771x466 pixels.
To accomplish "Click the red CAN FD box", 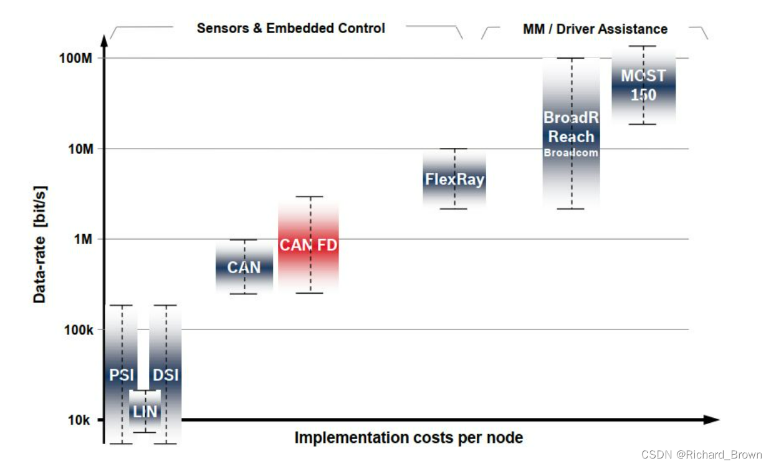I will click(308, 245).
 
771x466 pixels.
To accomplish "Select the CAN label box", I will click(244, 268).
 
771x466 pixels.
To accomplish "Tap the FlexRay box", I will click(454, 180).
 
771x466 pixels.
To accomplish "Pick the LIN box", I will click(145, 411).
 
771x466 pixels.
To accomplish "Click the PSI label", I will click(122, 375).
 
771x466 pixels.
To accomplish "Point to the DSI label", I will click(166, 375).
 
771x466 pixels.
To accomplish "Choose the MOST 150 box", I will click(643, 85).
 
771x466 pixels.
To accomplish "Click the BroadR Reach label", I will click(571, 127).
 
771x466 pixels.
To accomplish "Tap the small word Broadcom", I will click(571, 152).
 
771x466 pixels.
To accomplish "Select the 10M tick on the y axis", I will click(80, 149).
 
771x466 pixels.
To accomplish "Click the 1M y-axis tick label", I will click(84, 240).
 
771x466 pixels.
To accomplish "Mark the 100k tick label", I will click(79, 329).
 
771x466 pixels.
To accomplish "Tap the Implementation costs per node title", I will click(408, 438).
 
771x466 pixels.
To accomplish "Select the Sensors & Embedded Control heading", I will click(290, 28).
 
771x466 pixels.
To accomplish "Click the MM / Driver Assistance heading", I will click(595, 29).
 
